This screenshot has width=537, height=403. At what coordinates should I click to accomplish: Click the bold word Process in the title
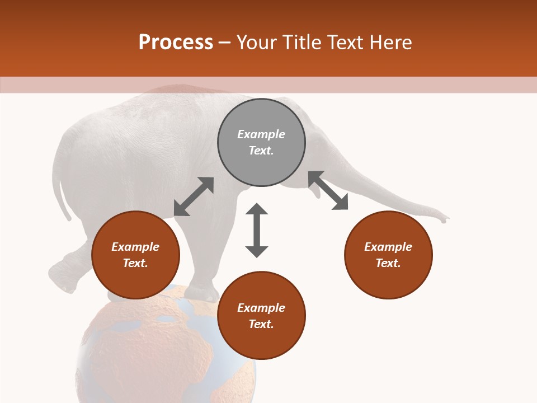click(176, 43)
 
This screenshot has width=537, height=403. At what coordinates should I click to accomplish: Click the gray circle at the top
click(261, 142)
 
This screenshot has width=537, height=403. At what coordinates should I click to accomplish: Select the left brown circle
click(135, 255)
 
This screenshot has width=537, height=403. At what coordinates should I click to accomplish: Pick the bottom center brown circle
click(261, 316)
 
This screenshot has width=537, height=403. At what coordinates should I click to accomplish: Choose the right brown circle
click(388, 255)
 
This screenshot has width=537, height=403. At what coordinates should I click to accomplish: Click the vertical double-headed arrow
click(257, 230)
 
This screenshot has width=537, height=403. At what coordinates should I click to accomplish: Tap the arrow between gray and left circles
click(194, 196)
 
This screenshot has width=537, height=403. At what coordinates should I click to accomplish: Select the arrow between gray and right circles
click(328, 190)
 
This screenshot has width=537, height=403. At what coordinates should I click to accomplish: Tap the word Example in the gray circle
click(261, 134)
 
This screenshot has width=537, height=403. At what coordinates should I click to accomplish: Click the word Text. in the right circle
click(388, 263)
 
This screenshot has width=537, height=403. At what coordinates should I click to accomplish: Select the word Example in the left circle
click(135, 247)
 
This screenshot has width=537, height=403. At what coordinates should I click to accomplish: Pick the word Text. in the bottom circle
click(261, 324)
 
